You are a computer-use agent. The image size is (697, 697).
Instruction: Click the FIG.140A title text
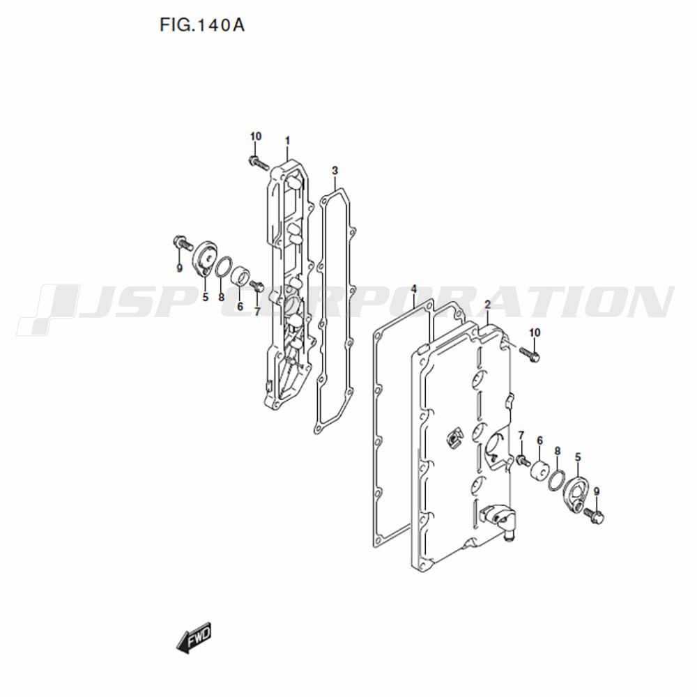(202, 25)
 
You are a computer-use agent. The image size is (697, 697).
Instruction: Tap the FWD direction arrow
(194, 638)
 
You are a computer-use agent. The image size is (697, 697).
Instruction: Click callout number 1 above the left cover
(287, 141)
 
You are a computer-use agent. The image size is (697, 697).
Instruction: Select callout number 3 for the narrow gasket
(335, 170)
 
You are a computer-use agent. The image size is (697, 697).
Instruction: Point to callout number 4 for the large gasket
(414, 289)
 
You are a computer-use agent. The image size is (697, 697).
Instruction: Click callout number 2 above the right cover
(488, 305)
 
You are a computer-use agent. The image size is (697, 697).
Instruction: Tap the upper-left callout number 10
(256, 137)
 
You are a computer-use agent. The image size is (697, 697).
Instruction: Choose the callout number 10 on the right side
(535, 332)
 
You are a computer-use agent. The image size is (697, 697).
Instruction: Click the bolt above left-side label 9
(182, 243)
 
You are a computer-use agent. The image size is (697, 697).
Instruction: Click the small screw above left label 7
(257, 286)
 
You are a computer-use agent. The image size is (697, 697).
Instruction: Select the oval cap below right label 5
(575, 494)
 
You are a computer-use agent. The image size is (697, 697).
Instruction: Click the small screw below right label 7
(523, 460)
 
